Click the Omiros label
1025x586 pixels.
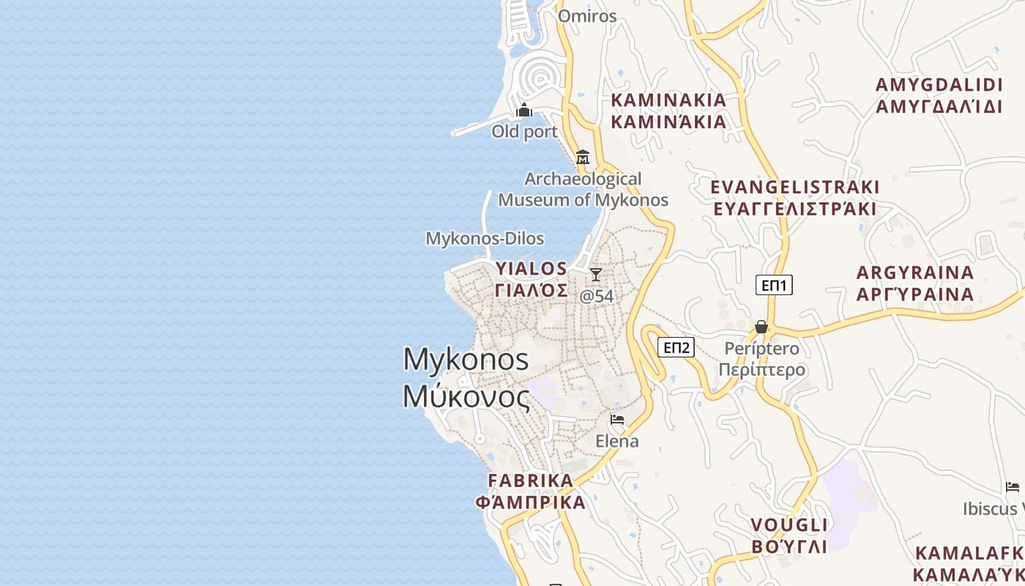pyautogui.click(x=587, y=16)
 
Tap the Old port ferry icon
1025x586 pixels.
pyautogui.click(x=524, y=111)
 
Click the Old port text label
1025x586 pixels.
pyautogui.click(x=524, y=132)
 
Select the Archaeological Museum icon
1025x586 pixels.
pyautogui.click(x=583, y=157)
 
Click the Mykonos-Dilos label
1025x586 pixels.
pyautogui.click(x=485, y=238)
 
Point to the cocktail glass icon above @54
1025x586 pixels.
pyautogui.click(x=596, y=275)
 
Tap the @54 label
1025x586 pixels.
pyautogui.click(x=596, y=296)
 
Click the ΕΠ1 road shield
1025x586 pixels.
pyautogui.click(x=774, y=285)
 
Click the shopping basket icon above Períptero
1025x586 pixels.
pyautogui.click(x=761, y=327)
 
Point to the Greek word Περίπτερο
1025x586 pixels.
pyautogui.click(x=761, y=369)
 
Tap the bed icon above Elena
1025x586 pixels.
pyautogui.click(x=617, y=420)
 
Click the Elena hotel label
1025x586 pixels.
pyautogui.click(x=617, y=441)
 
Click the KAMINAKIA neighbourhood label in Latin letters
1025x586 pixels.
pyautogui.click(x=668, y=100)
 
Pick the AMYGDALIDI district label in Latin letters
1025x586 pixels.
pyautogui.click(x=939, y=84)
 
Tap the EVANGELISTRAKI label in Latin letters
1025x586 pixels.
pyautogui.click(x=794, y=187)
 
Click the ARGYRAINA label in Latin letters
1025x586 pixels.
pyautogui.click(x=915, y=272)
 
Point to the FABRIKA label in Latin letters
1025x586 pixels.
pyautogui.click(x=531, y=481)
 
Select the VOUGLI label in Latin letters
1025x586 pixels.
pyautogui.click(x=789, y=525)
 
